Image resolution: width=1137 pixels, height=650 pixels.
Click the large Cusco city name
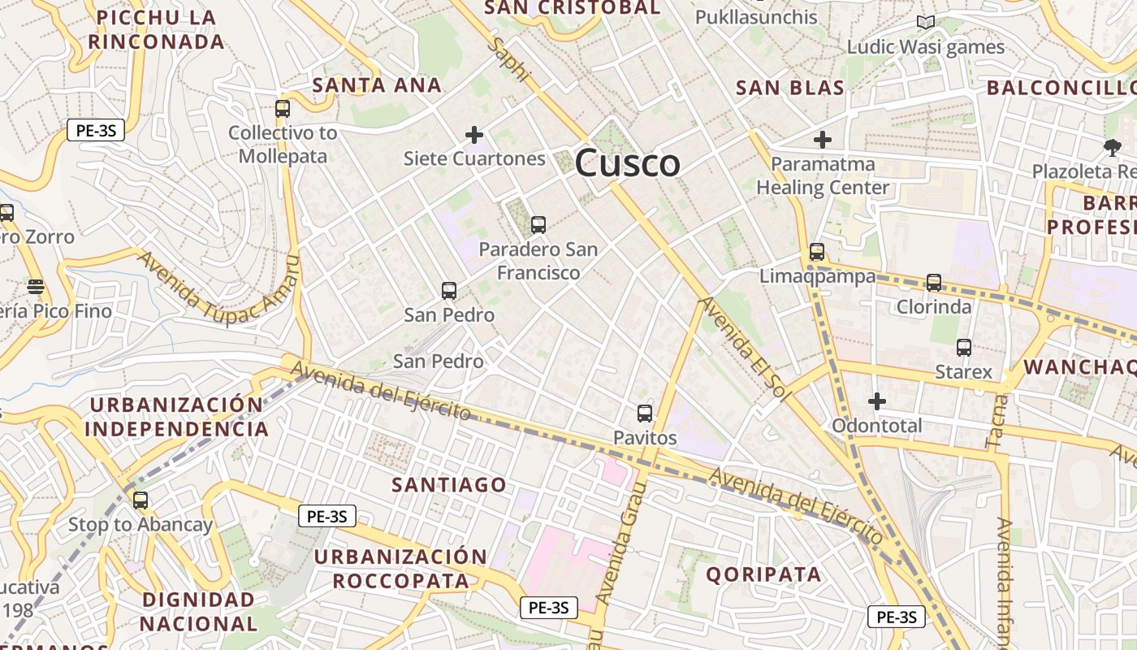[627, 163]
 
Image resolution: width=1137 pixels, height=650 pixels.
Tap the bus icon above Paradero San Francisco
[538, 225]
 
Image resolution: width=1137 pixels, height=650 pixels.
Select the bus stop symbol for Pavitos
[645, 414]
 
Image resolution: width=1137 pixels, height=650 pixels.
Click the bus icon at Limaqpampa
[817, 252]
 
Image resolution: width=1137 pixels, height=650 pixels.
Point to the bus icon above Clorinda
[934, 283]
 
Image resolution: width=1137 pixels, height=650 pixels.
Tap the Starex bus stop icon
[964, 348]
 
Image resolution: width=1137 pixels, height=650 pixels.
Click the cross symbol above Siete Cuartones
[474, 135]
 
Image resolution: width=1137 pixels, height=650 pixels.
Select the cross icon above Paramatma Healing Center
[823, 140]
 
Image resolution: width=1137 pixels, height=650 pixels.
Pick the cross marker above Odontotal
[877, 401]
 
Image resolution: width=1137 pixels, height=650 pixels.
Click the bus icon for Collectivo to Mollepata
[283, 108]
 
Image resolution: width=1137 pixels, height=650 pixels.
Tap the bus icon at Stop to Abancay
[141, 500]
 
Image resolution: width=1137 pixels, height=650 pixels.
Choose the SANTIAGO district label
[449, 485]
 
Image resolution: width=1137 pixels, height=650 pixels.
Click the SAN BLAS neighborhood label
[790, 88]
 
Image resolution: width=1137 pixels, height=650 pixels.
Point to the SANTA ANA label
[377, 84]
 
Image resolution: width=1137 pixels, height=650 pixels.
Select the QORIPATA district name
[763, 574]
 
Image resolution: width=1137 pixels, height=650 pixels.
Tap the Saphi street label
[508, 58]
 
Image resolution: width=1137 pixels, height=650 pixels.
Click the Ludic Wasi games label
[926, 47]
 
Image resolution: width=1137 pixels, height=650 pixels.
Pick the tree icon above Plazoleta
[1113, 147]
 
